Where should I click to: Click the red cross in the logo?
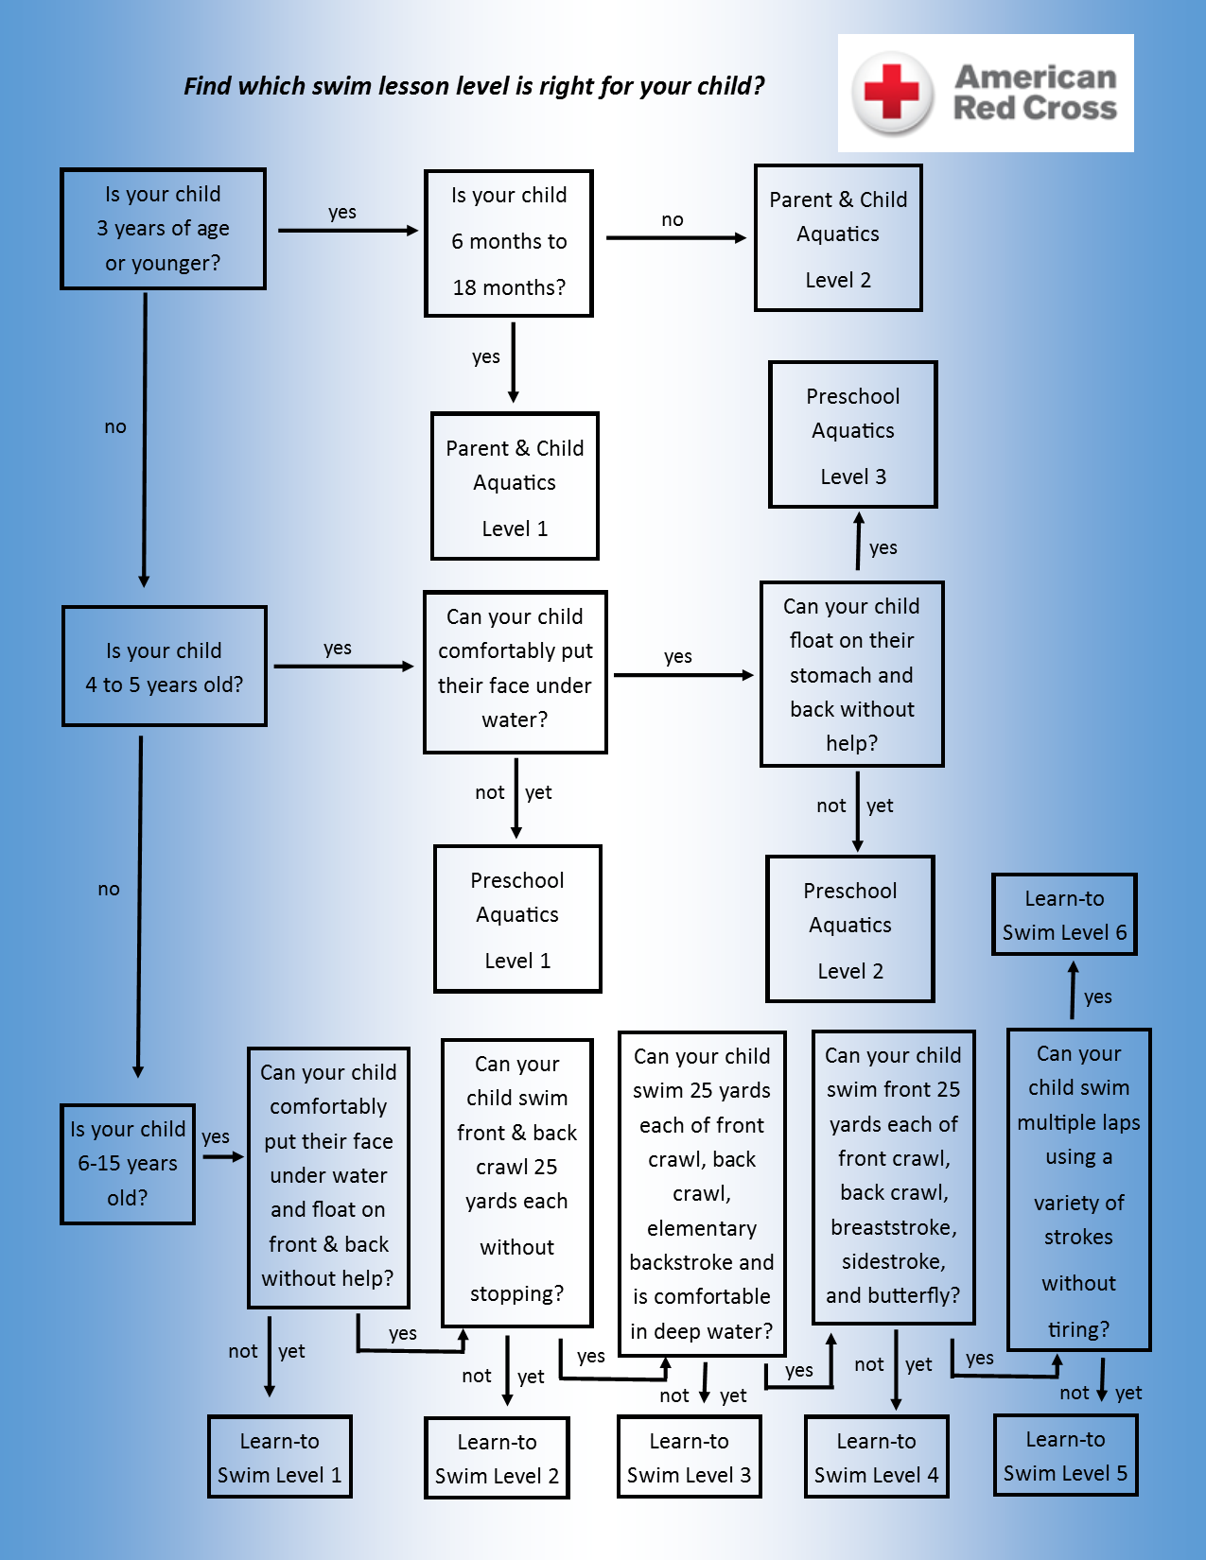click(x=892, y=92)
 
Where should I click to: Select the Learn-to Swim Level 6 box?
click(x=1064, y=914)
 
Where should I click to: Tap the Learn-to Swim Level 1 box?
click(x=280, y=1457)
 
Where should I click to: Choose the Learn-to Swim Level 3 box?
click(x=689, y=1457)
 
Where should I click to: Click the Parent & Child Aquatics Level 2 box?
click(x=838, y=238)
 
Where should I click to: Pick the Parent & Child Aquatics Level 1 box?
click(x=515, y=486)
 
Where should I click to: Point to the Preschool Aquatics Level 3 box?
click(x=853, y=435)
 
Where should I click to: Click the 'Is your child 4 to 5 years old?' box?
click(x=165, y=667)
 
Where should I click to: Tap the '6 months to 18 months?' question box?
click(x=509, y=243)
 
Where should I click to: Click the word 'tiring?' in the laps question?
click(x=1078, y=1329)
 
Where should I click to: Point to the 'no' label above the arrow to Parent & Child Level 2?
click(x=673, y=219)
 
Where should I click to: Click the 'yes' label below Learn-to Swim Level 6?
click(x=1098, y=997)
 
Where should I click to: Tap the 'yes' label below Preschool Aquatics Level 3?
click(x=883, y=547)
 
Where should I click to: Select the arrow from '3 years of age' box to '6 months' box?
click(x=347, y=231)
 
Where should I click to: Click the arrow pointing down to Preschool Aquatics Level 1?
click(x=516, y=798)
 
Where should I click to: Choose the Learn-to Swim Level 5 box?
click(x=1065, y=1456)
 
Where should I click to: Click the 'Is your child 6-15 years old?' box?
click(x=128, y=1164)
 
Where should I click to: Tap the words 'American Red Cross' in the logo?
click(x=1035, y=93)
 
